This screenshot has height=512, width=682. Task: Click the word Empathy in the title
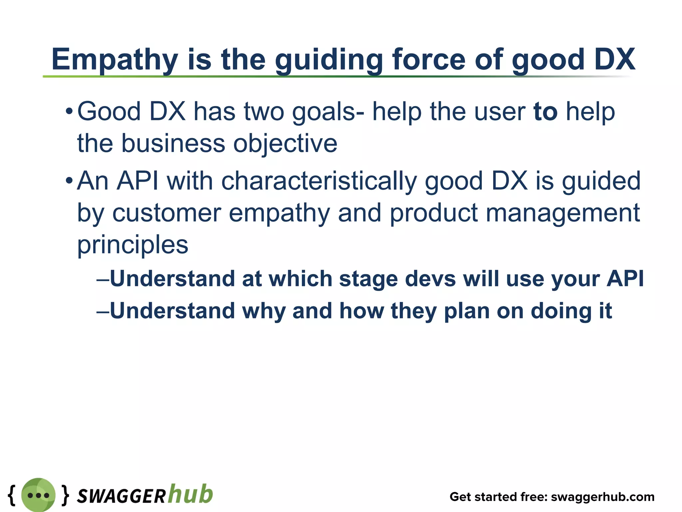[115, 60]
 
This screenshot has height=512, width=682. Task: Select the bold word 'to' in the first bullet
[545, 112]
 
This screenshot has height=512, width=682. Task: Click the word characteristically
[319, 181]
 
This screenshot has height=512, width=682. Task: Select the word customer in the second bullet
[167, 213]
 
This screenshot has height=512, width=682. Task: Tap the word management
[562, 213]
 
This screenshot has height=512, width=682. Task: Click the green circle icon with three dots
[38, 495]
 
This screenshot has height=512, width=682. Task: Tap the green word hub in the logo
[190, 494]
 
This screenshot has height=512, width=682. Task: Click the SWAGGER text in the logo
[121, 496]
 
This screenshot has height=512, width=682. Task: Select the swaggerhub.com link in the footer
[603, 497]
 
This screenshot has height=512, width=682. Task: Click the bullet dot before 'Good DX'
[69, 111]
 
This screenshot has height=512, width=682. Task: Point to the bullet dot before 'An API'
[69, 181]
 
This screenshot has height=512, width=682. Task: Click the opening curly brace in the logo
[12, 495]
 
